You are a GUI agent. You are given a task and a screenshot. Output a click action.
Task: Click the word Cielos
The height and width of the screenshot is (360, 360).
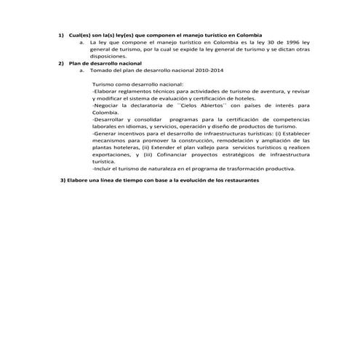click(x=188, y=105)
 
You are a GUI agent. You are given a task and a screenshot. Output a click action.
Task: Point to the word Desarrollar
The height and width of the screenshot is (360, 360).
click(x=111, y=119)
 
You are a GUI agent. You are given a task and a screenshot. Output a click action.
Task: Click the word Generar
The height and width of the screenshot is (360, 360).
click(x=105, y=133)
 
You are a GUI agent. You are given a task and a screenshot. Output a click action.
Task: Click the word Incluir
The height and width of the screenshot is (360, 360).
click(x=103, y=168)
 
